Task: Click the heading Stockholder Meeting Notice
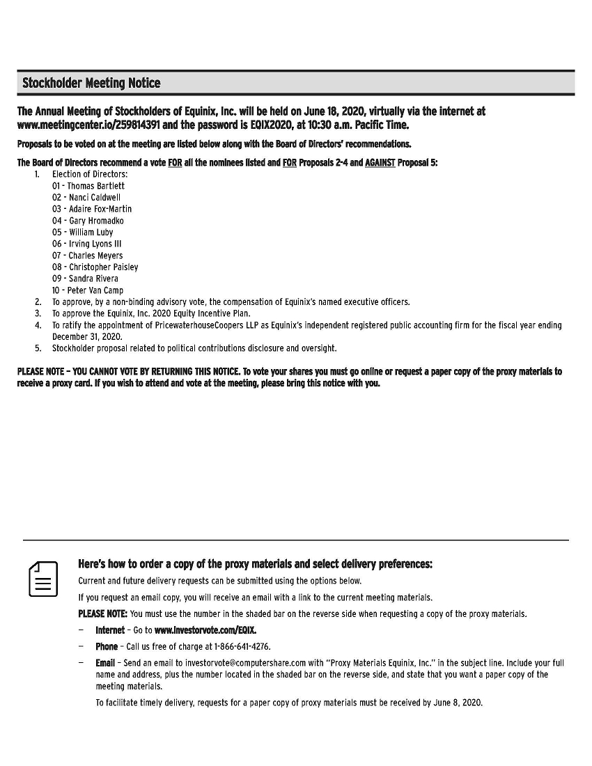coord(91,84)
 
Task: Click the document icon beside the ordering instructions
coord(43,578)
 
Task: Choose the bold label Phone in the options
coord(107,647)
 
